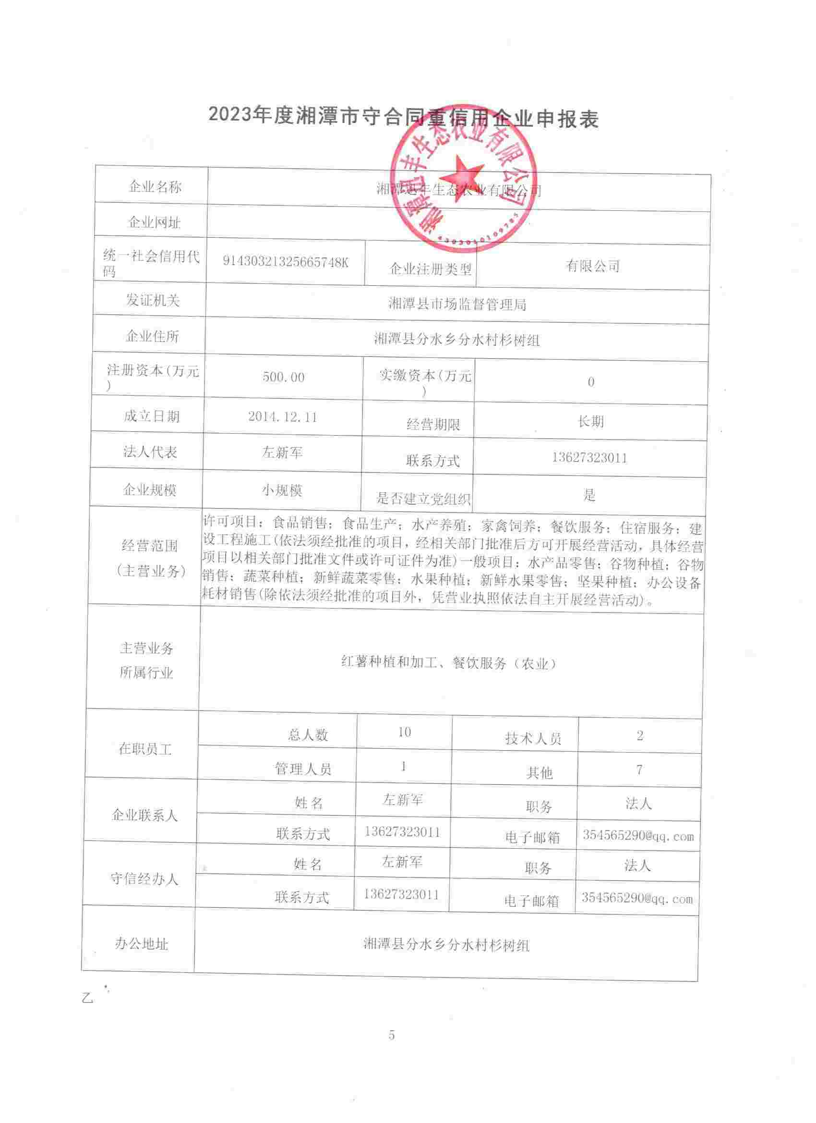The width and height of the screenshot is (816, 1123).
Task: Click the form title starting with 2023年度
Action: [403, 118]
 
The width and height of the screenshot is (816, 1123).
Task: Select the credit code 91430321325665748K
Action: [286, 262]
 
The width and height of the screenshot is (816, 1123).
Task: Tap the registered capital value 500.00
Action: [284, 378]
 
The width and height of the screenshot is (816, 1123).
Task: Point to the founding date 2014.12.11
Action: [283, 417]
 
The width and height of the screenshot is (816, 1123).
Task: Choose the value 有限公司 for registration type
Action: [593, 266]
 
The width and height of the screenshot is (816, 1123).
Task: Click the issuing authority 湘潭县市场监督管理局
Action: [457, 304]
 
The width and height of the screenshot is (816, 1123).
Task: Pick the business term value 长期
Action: [590, 422]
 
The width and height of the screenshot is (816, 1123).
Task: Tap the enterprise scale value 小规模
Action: [282, 490]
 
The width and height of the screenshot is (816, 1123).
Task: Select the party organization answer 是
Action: [589, 495]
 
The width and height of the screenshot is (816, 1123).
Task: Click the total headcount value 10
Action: [404, 732]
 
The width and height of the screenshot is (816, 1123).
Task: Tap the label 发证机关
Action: [153, 300]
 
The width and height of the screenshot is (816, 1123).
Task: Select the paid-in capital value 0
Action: [590, 382]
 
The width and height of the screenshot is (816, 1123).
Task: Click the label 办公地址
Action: [142, 944]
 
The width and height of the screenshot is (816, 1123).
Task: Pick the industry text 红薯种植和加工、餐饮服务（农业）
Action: [448, 663]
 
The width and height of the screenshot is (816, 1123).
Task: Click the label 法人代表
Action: [150, 452]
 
